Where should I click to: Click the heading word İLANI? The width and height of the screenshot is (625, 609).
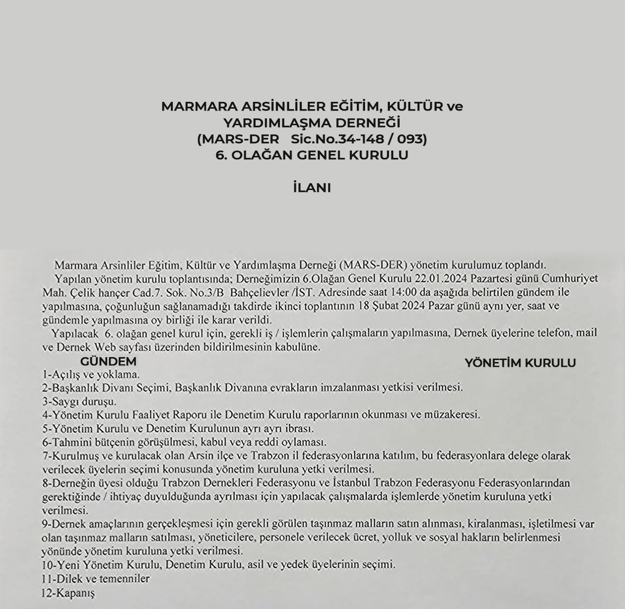pyautogui.click(x=312, y=188)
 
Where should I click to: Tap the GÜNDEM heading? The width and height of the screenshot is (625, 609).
pyautogui.click(x=108, y=362)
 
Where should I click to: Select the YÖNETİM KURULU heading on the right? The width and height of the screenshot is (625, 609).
pyautogui.click(x=520, y=363)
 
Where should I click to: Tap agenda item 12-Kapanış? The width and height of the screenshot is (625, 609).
pyautogui.click(x=69, y=593)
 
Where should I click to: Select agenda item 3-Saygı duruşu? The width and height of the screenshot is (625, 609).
pyautogui.click(x=79, y=402)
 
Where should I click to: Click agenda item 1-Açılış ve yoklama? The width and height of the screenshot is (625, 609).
pyautogui.click(x=91, y=375)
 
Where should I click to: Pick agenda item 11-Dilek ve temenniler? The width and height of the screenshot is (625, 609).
pyautogui.click(x=96, y=579)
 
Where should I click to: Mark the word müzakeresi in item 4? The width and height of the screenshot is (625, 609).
pyautogui.click(x=451, y=415)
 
